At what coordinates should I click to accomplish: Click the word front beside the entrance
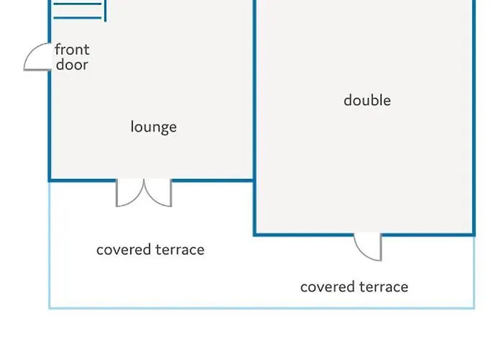pos(72,50)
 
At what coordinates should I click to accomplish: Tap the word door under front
pos(72,65)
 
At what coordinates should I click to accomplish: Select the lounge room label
pos(153,127)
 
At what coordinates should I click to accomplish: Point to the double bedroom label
pos(367,100)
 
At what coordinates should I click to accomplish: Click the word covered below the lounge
pos(124,250)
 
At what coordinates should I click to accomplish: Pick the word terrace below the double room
pos(384,287)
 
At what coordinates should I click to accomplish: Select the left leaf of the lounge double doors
pos(129,194)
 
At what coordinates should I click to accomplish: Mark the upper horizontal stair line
pos(78,4)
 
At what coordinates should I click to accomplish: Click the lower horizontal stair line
pos(78,18)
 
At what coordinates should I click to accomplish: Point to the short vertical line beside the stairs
pos(105,11)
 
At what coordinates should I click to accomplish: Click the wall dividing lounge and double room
pos(255,117)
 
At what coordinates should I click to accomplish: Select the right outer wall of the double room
pos(474,117)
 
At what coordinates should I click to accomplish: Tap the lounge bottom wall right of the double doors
pos(212,180)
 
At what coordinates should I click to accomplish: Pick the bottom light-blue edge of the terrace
pos(262,308)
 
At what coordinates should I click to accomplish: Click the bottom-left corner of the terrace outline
pos(50,308)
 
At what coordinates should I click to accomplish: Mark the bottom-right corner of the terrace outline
pos(474,308)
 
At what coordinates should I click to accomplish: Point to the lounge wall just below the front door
pos(50,125)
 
